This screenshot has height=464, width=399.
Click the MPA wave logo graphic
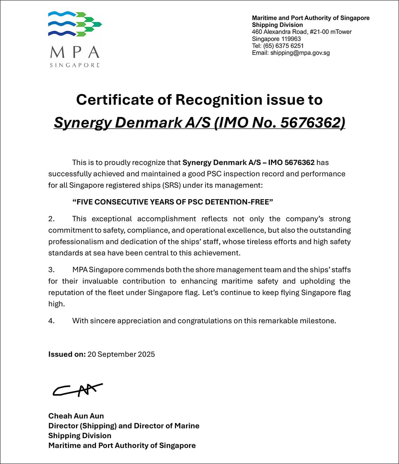click(x=74, y=24)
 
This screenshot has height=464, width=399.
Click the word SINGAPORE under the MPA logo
click(x=74, y=65)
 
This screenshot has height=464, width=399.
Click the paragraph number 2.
click(x=51, y=219)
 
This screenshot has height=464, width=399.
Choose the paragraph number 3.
click(x=51, y=269)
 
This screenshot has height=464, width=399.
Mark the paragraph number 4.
click(x=51, y=321)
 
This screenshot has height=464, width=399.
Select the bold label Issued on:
click(x=67, y=354)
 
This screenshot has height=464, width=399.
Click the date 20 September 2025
click(x=121, y=354)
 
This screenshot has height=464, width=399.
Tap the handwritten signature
click(x=77, y=390)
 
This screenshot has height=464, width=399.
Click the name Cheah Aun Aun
click(x=76, y=416)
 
